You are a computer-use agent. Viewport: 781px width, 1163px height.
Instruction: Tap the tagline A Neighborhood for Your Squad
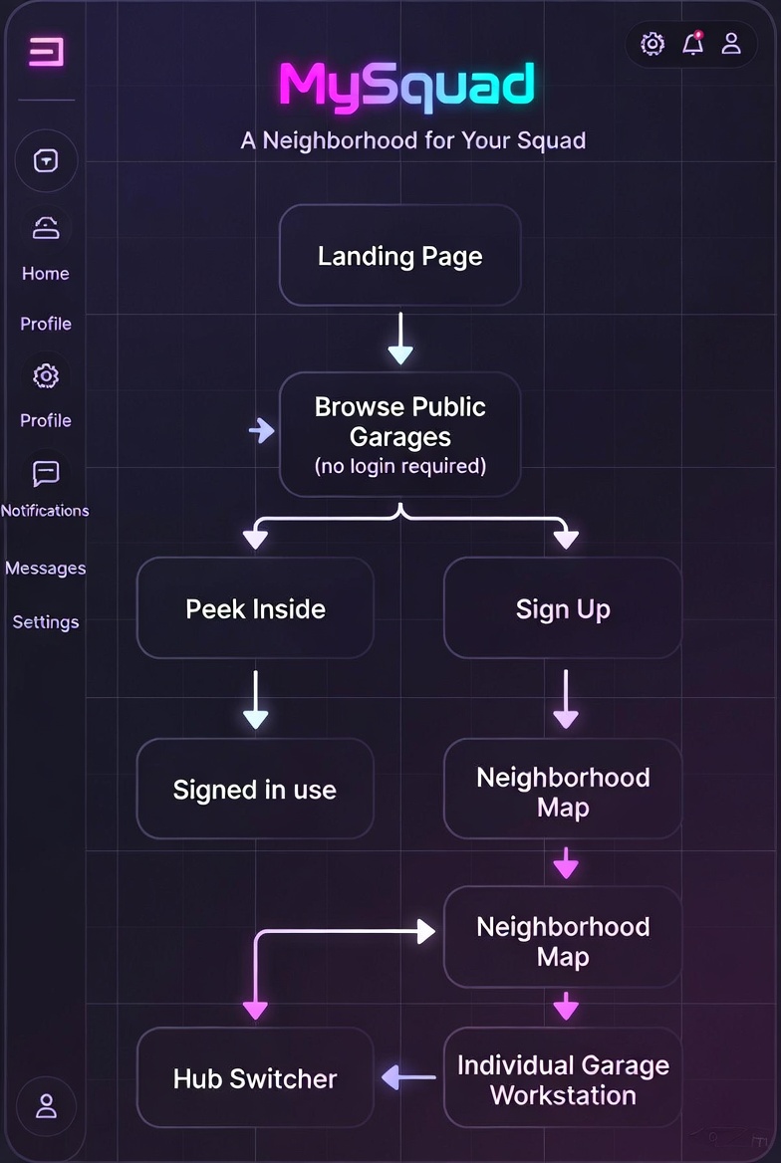pos(413,140)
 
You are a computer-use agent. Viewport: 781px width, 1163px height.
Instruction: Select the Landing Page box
pos(400,256)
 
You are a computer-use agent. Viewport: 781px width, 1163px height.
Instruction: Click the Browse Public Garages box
pos(400,435)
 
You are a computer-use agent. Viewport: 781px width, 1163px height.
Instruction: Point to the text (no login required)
pos(400,466)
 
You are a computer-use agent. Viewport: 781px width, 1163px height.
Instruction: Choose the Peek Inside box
pos(255,608)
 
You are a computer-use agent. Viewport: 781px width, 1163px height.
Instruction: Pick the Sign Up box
pos(563,608)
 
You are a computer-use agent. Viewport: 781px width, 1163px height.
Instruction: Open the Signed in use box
pos(255,790)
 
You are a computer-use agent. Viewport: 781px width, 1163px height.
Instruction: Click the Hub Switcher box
pos(255,1077)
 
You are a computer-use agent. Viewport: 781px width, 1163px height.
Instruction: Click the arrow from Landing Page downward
pos(400,339)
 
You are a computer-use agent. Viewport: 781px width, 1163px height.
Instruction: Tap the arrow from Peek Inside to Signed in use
pos(255,699)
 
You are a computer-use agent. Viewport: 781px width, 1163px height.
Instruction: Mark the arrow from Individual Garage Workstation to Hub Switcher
pos(409,1077)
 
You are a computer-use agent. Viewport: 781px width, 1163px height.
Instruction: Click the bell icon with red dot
pos(692,43)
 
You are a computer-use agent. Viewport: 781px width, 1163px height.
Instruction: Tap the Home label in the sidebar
pos(45,274)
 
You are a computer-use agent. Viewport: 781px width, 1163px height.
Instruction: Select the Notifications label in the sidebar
pos(45,510)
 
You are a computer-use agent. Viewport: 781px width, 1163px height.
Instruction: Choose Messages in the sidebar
pos(45,569)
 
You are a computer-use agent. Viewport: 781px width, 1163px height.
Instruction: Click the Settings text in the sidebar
pos(45,621)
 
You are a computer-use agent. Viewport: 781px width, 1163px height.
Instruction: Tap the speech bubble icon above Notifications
pos(46,473)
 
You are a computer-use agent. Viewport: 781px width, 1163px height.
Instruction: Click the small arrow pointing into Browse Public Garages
pos(261,430)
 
